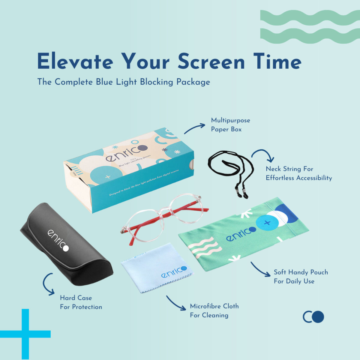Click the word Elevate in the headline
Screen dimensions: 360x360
(x=75, y=61)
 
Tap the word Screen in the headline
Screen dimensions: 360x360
(x=211, y=61)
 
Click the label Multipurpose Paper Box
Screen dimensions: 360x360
(x=230, y=125)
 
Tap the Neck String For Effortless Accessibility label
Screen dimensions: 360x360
(x=298, y=173)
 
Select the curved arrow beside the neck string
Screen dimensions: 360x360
(x=263, y=155)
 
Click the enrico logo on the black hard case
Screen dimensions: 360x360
(x=58, y=240)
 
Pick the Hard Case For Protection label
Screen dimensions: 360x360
(x=81, y=302)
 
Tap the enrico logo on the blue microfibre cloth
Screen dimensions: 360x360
(x=174, y=272)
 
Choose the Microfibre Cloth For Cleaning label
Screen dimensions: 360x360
(x=214, y=311)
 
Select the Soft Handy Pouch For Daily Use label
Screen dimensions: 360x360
(x=300, y=277)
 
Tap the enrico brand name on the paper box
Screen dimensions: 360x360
(x=126, y=153)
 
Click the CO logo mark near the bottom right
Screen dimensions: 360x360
(x=313, y=317)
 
